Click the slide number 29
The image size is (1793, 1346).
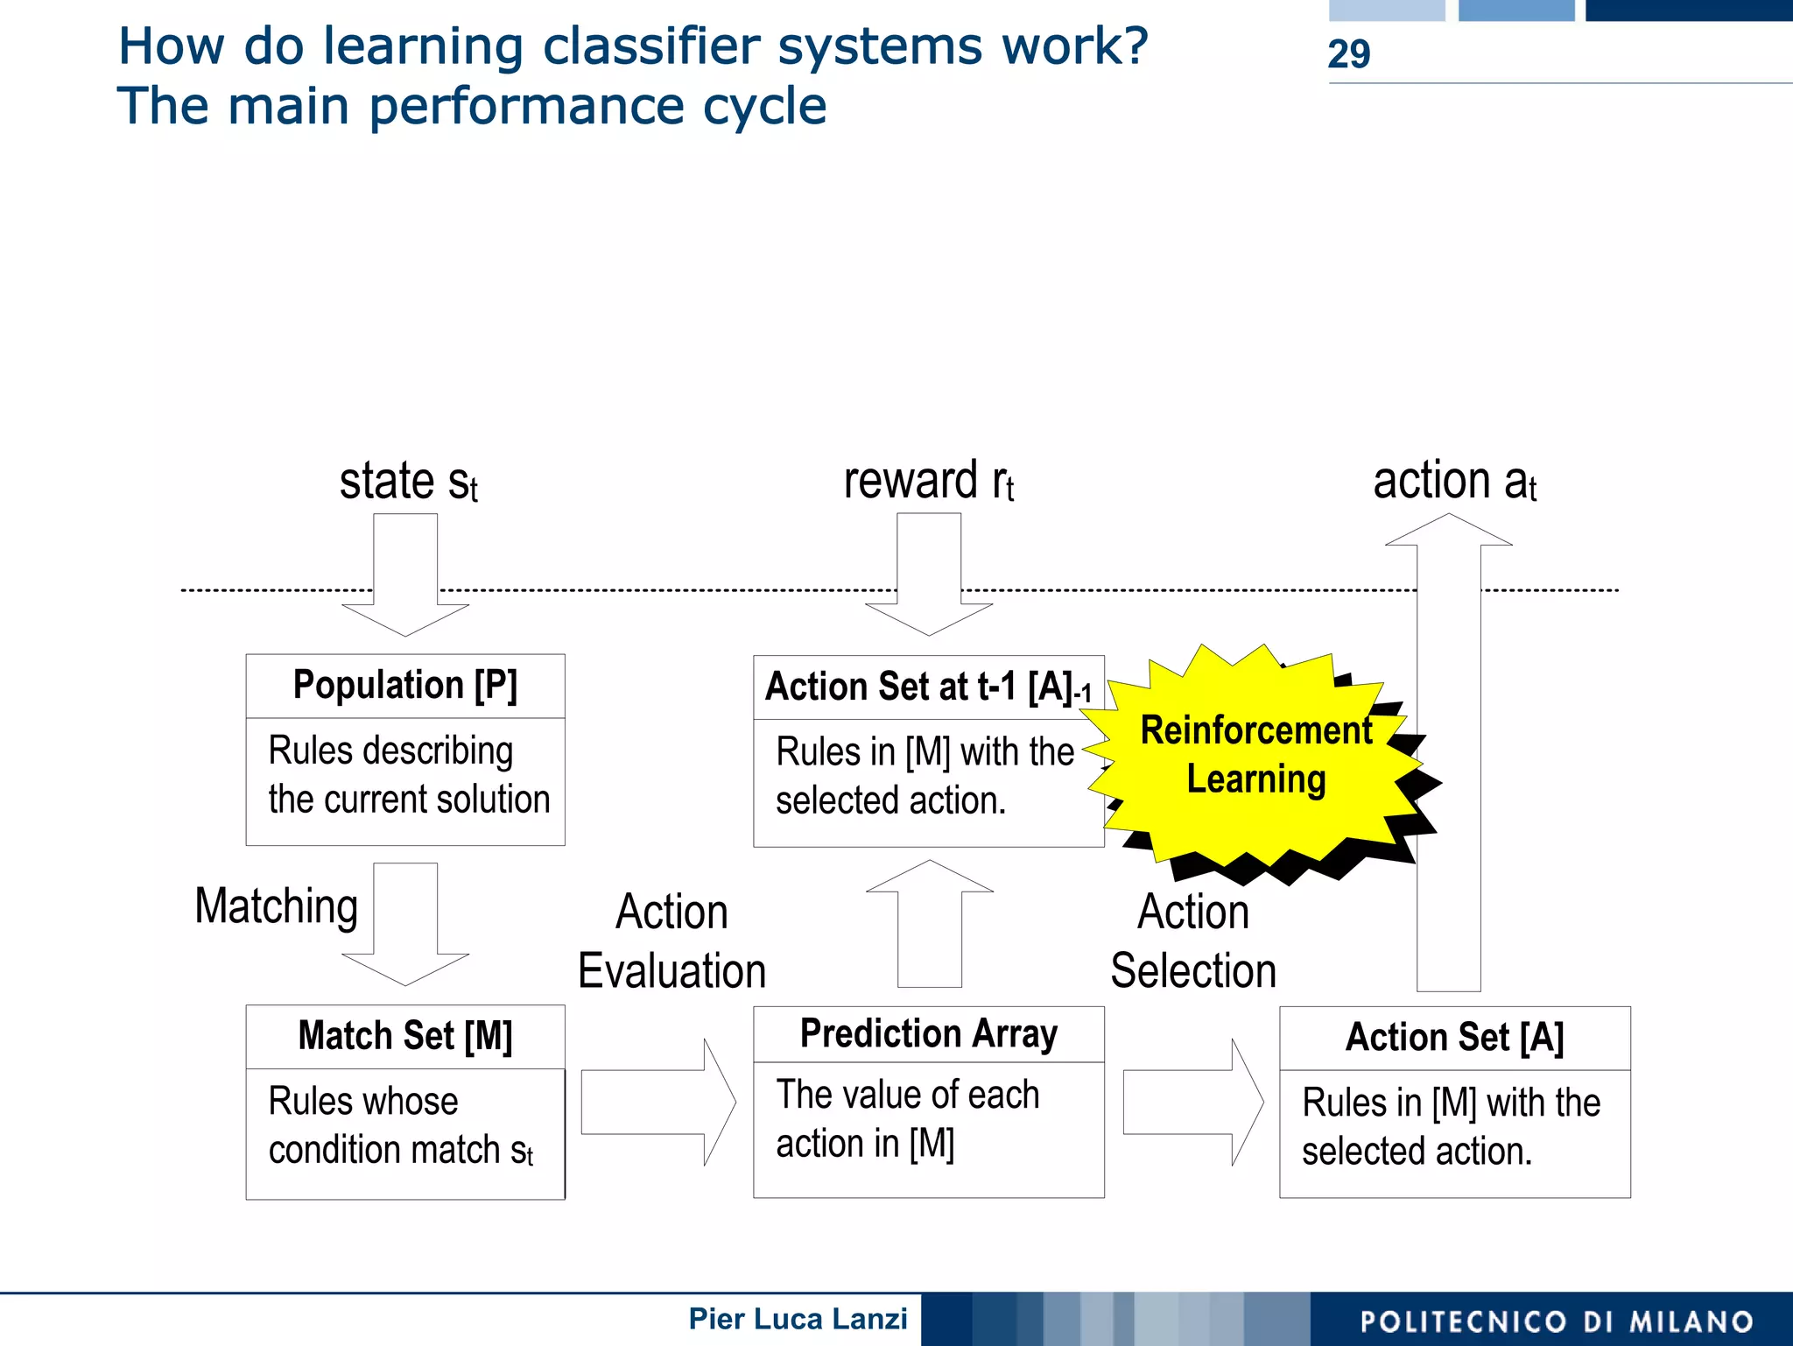1348,53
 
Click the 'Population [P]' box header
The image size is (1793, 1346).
404,686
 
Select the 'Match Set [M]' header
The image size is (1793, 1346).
404,1036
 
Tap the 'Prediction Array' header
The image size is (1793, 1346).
928,1034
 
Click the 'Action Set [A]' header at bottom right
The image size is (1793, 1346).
1454,1038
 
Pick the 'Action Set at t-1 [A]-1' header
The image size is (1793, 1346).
927,687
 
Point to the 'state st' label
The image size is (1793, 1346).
408,482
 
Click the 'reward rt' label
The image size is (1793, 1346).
928,482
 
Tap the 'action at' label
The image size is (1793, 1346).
1453,482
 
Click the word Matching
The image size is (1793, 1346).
276,906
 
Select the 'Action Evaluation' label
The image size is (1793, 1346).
671,941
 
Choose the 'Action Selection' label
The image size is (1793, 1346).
1192,941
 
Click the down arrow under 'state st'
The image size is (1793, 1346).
404,578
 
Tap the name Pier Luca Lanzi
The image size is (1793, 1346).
798,1319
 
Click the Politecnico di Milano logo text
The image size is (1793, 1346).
1557,1321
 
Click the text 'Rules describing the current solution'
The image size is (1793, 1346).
408,775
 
